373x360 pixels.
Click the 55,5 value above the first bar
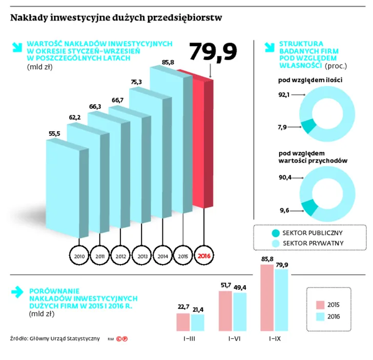point(54,134)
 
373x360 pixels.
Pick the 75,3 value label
point(137,82)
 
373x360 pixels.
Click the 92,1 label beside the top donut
point(284,94)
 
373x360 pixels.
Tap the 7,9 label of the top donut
point(282,126)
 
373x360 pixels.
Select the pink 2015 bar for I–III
point(183,322)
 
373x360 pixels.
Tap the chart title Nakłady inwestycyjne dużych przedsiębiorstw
point(116,18)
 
